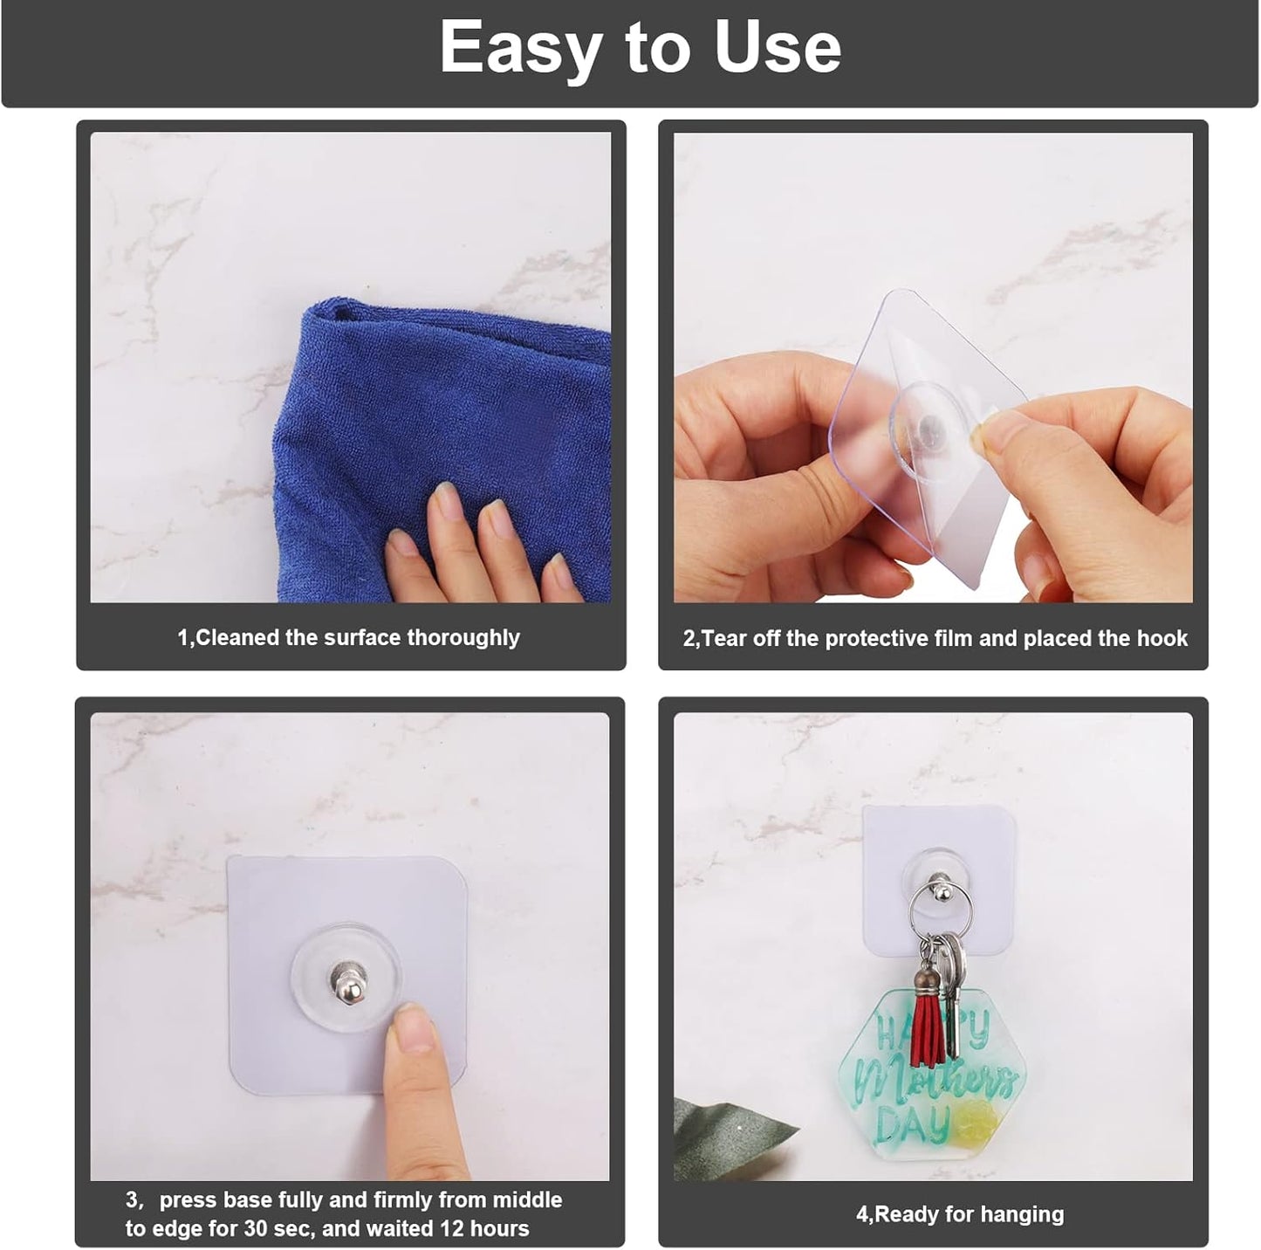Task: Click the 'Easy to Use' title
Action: click(x=640, y=47)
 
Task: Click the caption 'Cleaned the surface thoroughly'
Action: click(x=348, y=638)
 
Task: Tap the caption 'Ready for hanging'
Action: click(x=959, y=1214)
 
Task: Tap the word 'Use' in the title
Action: click(x=777, y=47)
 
